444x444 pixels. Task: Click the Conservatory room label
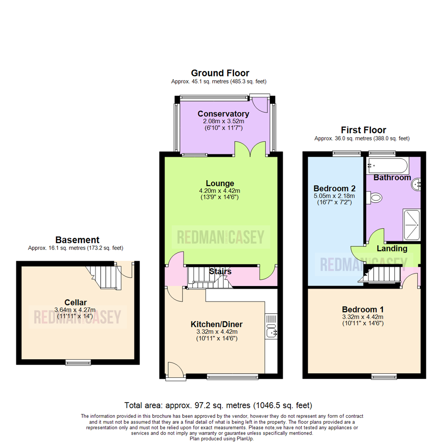223,114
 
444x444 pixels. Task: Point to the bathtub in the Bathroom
388,166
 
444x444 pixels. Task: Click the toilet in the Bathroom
375,198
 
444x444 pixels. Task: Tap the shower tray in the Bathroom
412,225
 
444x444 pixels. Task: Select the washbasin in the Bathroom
416,184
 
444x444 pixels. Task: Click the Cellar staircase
104,277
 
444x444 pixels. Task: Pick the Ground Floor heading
220,73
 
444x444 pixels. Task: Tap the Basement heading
77,240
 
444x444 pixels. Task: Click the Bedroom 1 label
363,309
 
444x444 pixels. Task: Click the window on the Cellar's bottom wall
78,362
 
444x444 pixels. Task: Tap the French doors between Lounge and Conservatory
250,149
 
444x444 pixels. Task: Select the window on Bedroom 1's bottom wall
384,376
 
